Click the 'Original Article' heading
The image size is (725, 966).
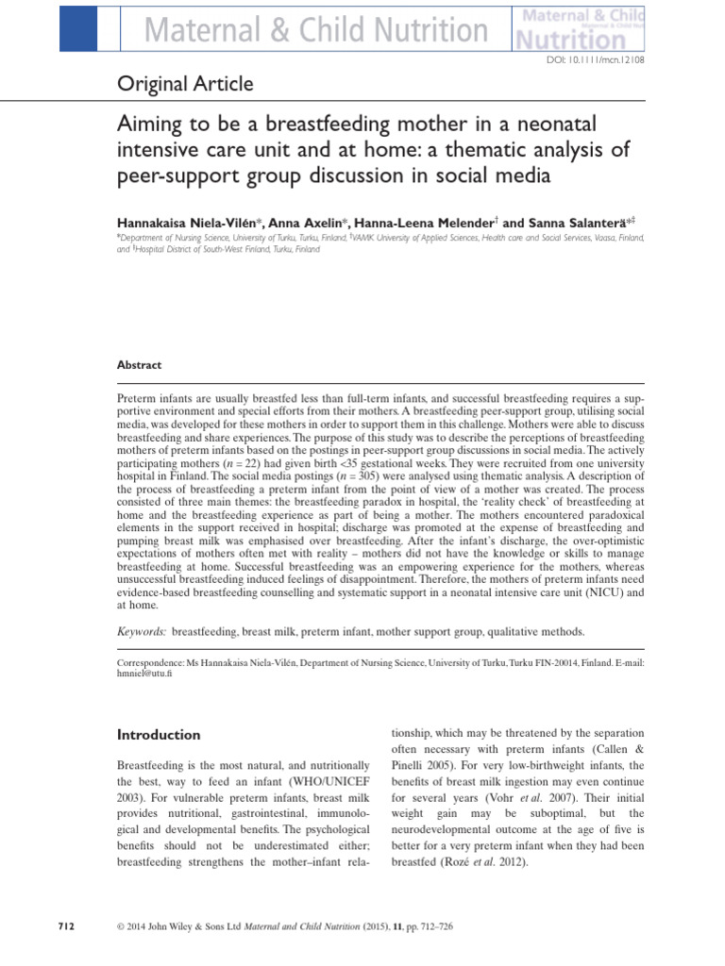[x=185, y=85]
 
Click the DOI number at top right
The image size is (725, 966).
[x=597, y=60]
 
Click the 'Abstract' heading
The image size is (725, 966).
[x=139, y=365]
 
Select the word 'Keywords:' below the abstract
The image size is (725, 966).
[x=143, y=631]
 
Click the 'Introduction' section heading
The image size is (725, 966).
[x=159, y=735]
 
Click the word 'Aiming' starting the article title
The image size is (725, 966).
[x=148, y=125]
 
